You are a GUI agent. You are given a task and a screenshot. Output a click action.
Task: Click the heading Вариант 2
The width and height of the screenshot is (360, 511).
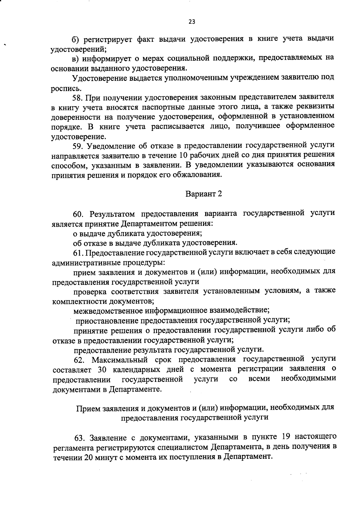pos(204,194)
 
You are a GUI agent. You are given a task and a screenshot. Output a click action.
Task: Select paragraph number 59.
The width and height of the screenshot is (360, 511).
pos(78,146)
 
